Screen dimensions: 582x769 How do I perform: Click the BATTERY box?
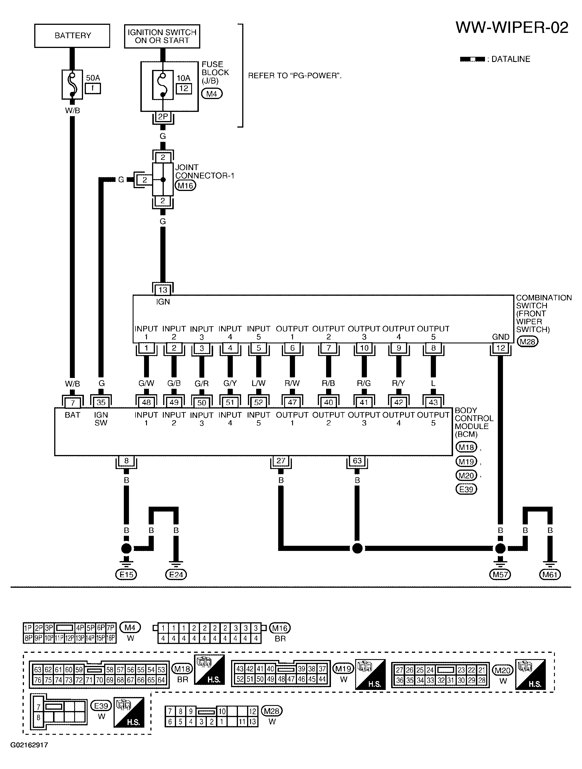pos(72,36)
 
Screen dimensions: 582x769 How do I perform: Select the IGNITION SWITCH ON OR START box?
pos(162,36)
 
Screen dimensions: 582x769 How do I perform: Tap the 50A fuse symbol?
pos(72,84)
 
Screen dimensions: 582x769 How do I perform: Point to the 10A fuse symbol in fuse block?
pos(163,85)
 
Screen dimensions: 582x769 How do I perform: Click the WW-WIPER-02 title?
pos(512,27)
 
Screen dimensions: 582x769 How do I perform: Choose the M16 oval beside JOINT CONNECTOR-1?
pos(185,186)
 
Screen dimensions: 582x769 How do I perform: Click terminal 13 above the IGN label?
pos(163,290)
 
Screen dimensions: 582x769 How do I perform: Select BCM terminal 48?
pos(146,402)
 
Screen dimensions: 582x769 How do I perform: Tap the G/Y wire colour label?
pos(230,383)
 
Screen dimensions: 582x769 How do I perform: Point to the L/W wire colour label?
pos(258,383)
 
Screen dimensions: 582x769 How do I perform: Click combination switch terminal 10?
pos(364,348)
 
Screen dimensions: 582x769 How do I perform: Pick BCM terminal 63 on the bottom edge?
pos(357,461)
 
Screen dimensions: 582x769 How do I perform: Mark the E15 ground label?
pos(126,575)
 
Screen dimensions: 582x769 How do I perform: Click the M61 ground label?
pos(550,575)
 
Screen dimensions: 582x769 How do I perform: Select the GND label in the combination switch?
pos(501,337)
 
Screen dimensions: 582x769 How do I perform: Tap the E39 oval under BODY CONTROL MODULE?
pos(466,490)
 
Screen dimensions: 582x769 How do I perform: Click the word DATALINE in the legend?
pos(511,59)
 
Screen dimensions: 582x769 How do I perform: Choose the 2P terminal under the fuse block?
pos(163,117)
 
